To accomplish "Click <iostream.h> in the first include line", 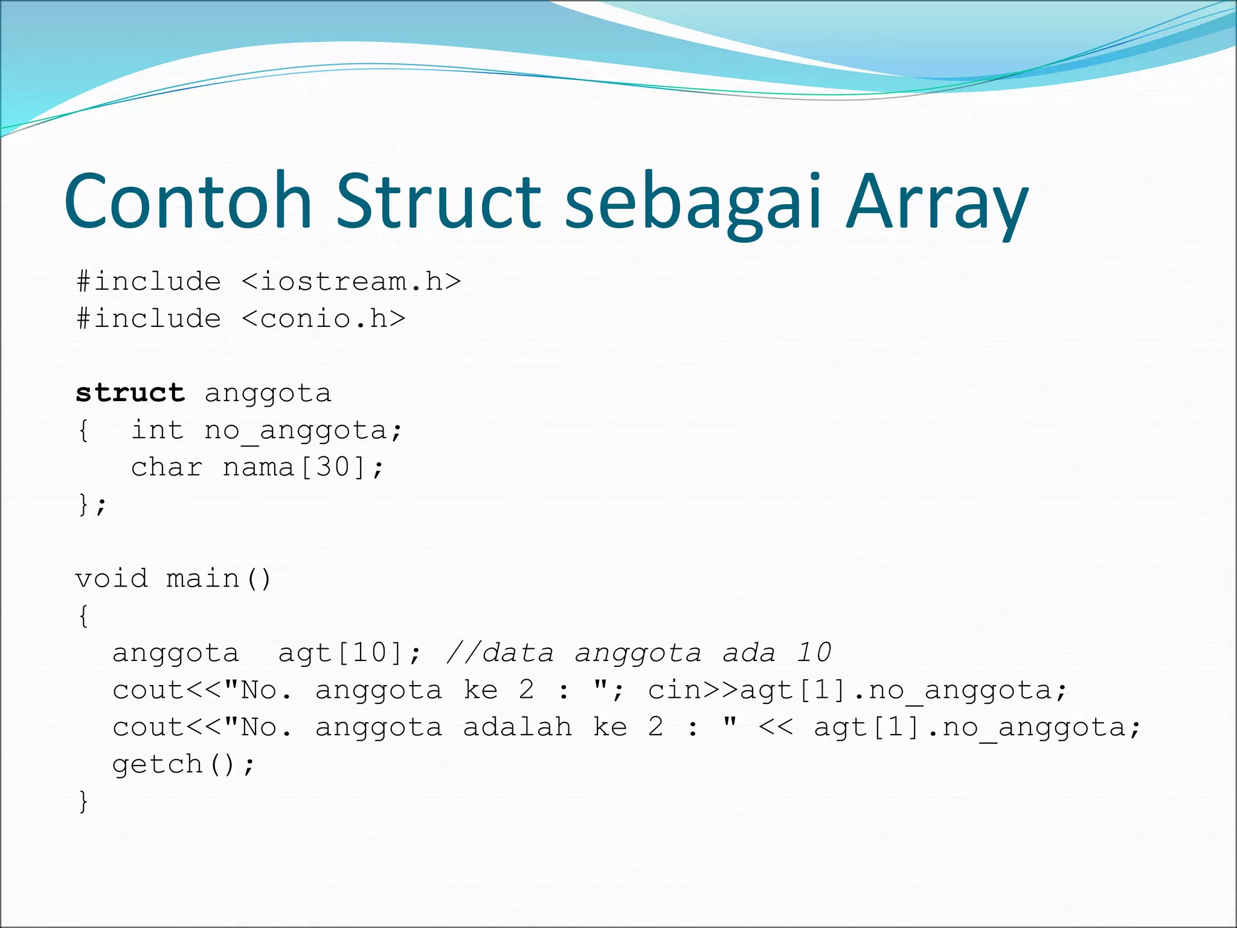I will pyautogui.click(x=352, y=282).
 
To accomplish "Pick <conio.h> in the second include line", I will pyautogui.click(x=324, y=319).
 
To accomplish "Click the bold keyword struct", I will pyautogui.click(x=130, y=393).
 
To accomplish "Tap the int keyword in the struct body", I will pyautogui.click(x=158, y=430).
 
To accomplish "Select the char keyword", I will pyautogui.click(x=167, y=468).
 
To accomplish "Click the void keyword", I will pyautogui.click(x=111, y=579).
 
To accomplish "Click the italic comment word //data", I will pyautogui.click(x=500, y=653).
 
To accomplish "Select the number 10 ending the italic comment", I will pyautogui.click(x=814, y=653).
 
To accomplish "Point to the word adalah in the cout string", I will pyautogui.click(x=518, y=727).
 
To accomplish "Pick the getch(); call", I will pyautogui.click(x=184, y=765).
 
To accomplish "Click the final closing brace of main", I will pyautogui.click(x=83, y=802).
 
